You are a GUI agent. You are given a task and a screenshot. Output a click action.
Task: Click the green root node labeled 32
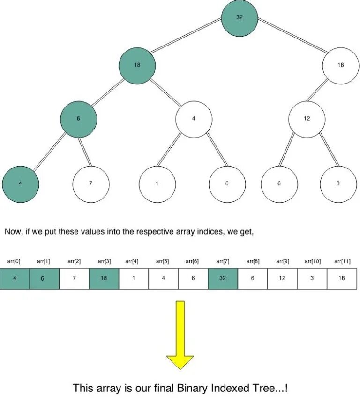click(240, 17)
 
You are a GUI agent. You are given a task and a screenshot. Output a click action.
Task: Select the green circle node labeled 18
click(137, 65)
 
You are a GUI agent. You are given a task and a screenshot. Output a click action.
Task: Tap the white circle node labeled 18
click(340, 65)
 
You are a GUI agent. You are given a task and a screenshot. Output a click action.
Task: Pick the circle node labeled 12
click(307, 119)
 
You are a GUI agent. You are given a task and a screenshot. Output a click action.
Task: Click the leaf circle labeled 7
click(90, 183)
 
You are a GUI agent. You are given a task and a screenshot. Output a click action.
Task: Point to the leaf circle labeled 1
click(157, 183)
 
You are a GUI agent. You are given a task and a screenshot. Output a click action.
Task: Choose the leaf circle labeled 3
click(338, 183)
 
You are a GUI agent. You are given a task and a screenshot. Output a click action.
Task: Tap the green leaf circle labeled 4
click(20, 183)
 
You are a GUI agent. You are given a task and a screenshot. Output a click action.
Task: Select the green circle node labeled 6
click(78, 119)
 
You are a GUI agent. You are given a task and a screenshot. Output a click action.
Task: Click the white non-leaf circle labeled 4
click(194, 119)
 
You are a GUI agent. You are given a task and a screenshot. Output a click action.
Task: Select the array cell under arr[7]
click(223, 278)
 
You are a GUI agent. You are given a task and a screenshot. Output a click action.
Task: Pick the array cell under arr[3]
click(104, 278)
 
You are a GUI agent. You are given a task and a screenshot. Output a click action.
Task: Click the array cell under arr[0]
click(15, 278)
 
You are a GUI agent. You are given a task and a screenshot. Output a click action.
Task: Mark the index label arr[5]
click(163, 261)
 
